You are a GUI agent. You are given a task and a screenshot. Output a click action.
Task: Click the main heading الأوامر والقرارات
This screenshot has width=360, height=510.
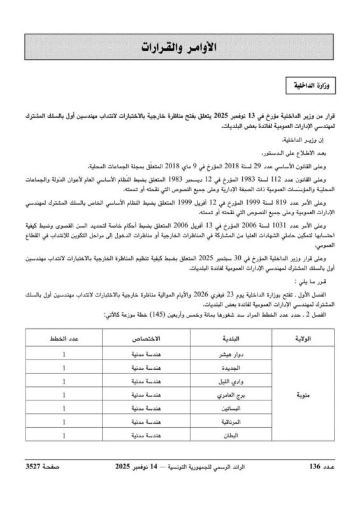pyautogui.click(x=180, y=48)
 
